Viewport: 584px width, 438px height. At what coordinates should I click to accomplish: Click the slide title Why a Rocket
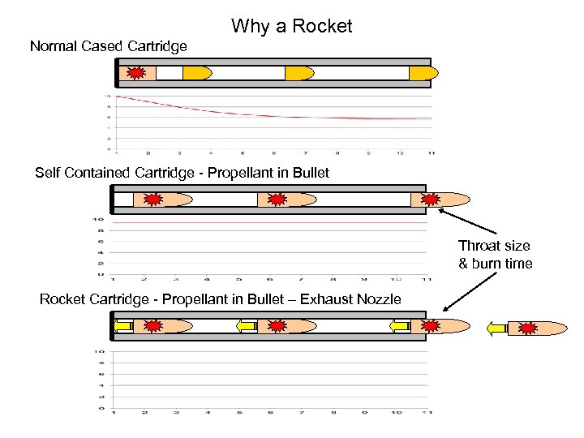pyautogui.click(x=291, y=26)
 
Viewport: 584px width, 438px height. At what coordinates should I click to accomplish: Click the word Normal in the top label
pyautogui.click(x=56, y=46)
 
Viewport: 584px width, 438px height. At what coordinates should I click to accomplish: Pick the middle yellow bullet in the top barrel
pyautogui.click(x=298, y=73)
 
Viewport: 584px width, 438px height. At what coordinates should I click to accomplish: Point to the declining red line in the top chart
pyautogui.click(x=243, y=112)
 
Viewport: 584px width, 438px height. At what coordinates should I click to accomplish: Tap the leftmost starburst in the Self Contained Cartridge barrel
pyautogui.click(x=152, y=199)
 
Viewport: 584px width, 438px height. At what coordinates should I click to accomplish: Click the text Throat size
pyautogui.click(x=494, y=246)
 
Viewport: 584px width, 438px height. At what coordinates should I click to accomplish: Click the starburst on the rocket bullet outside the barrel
pyautogui.click(x=529, y=328)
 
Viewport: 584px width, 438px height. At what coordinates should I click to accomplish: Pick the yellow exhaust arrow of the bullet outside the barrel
pyautogui.click(x=496, y=328)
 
